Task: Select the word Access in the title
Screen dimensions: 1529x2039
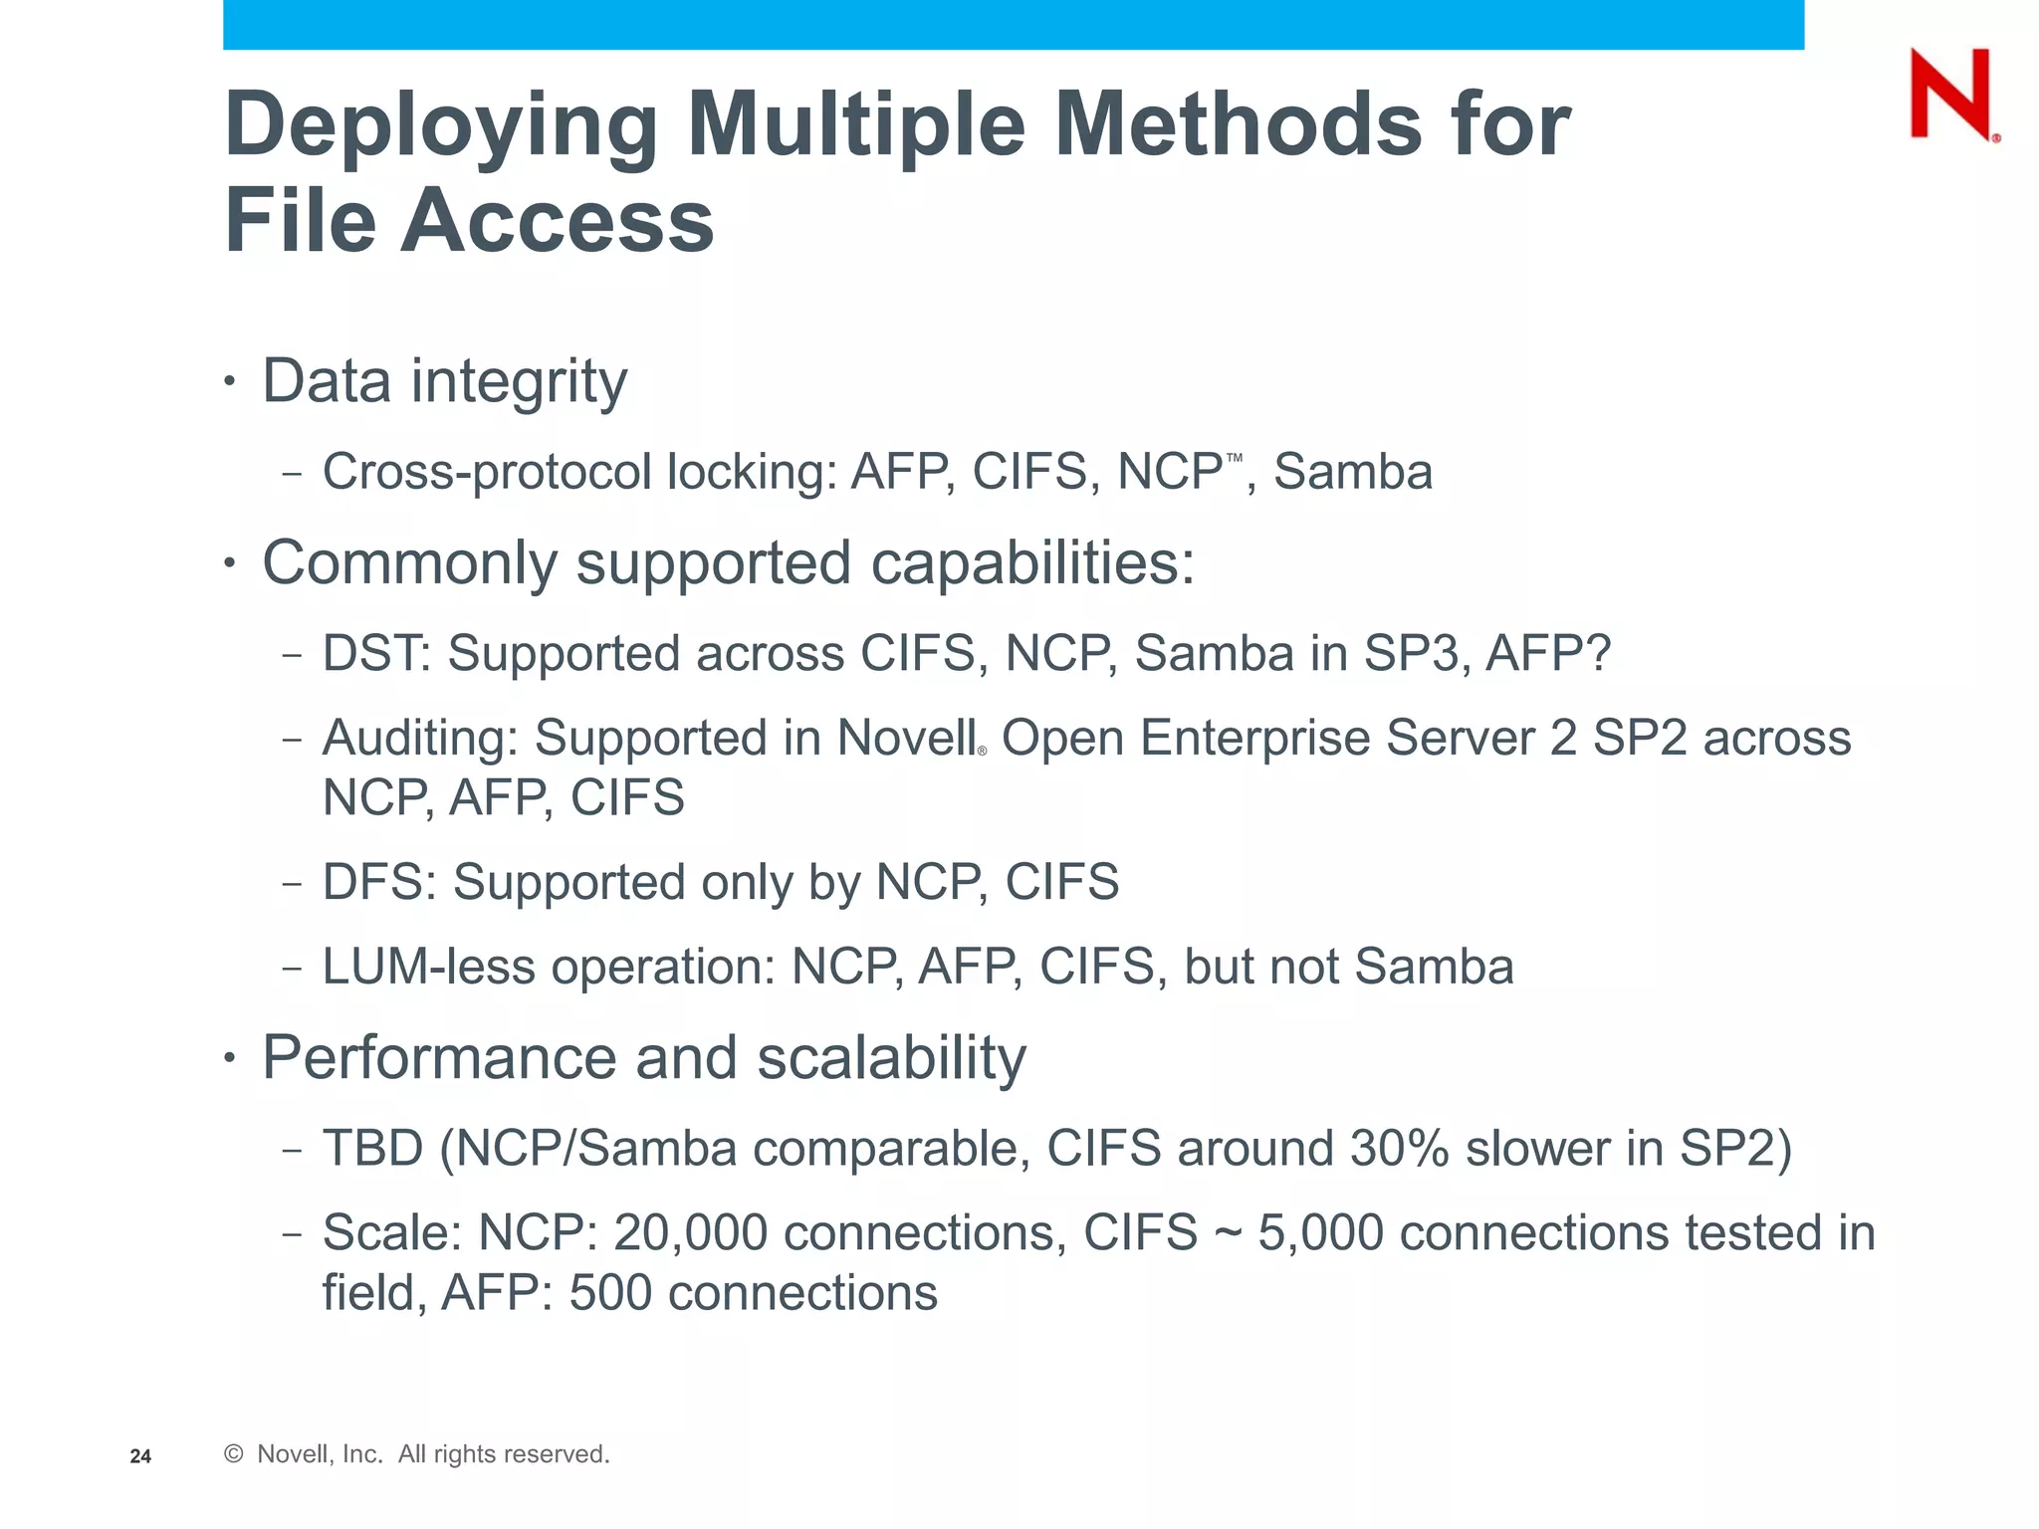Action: [x=558, y=220]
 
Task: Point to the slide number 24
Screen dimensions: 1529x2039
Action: [x=140, y=1456]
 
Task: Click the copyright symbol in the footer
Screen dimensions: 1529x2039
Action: [x=234, y=1454]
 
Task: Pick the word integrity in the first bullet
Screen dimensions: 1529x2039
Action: [x=520, y=383]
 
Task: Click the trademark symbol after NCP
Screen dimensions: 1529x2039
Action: [x=1235, y=458]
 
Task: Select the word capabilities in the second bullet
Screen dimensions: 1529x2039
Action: [x=1032, y=564]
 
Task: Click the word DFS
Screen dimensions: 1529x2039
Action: [x=378, y=882]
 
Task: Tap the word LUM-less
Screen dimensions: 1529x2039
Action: [x=428, y=967]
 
